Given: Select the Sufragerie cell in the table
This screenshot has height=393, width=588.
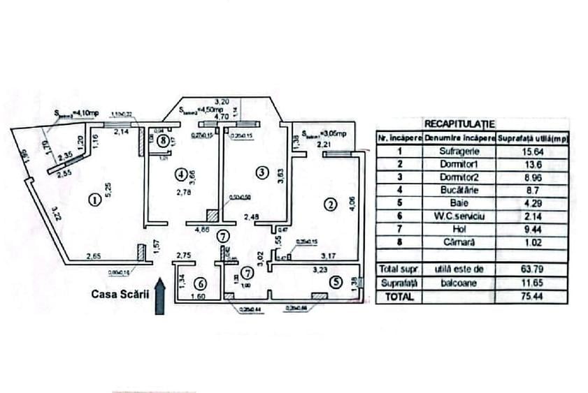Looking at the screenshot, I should [459, 149].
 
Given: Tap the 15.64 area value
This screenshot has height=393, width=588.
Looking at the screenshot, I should [531, 149].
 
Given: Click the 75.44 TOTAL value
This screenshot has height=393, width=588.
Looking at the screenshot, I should [531, 296].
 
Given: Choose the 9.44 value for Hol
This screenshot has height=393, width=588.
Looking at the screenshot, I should [531, 229].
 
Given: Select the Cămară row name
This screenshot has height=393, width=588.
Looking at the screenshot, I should [459, 242].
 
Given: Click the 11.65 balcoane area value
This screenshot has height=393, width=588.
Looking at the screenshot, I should [531, 282].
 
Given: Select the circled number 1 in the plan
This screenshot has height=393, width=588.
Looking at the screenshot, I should [94, 200].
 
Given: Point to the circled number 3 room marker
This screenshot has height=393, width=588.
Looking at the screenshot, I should [261, 171].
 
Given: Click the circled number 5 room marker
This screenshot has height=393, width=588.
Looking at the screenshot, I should [337, 282].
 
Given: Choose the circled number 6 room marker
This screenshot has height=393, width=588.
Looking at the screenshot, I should [200, 283].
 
